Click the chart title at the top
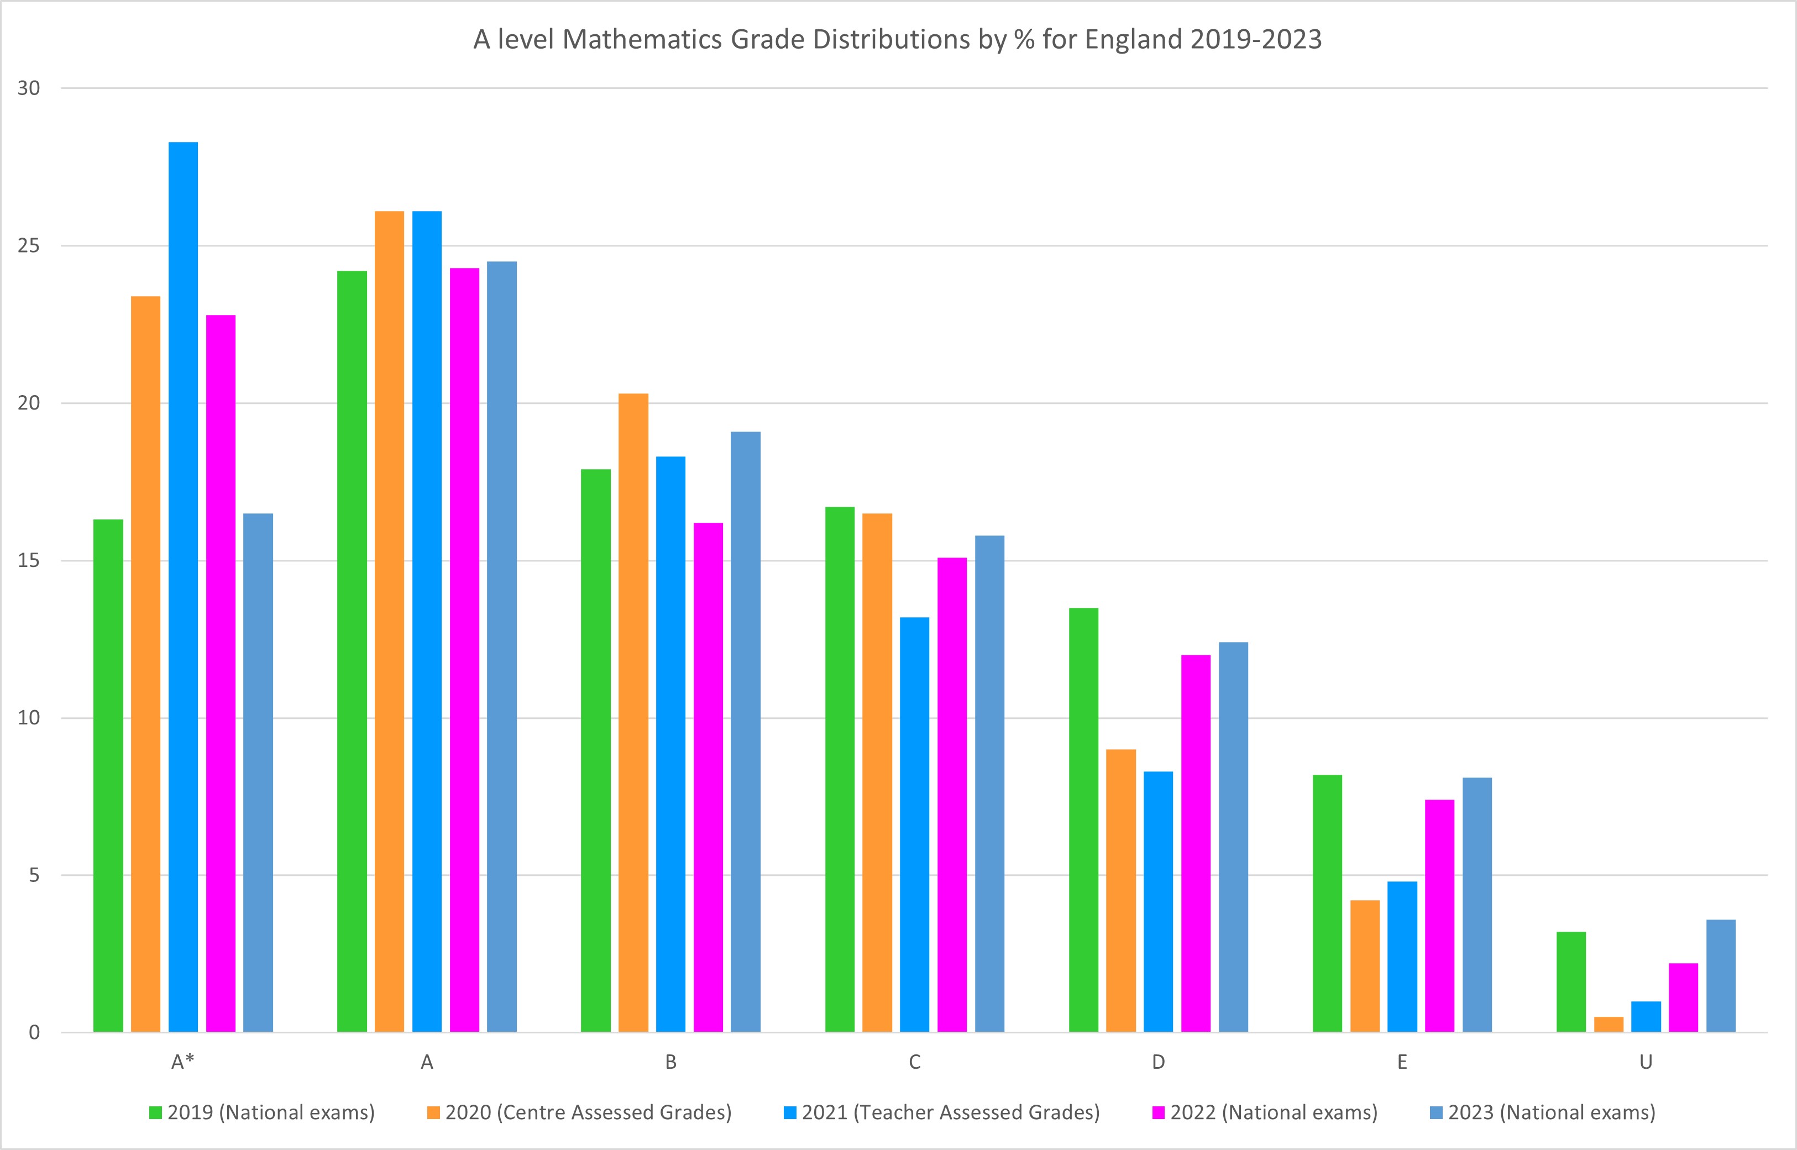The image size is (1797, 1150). tap(897, 39)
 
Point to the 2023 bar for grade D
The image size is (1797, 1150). tap(1233, 836)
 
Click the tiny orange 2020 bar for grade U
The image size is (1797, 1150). tap(1608, 1025)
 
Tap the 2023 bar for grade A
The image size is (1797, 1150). tap(502, 647)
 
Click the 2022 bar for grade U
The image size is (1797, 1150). tap(1684, 997)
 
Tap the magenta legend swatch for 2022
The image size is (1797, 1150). tap(1159, 1112)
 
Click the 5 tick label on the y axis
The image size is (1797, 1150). tap(34, 875)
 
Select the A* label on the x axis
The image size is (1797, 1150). tap(183, 1062)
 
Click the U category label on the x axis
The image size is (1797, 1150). tap(1646, 1062)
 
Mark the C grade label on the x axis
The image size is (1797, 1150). tap(914, 1062)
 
